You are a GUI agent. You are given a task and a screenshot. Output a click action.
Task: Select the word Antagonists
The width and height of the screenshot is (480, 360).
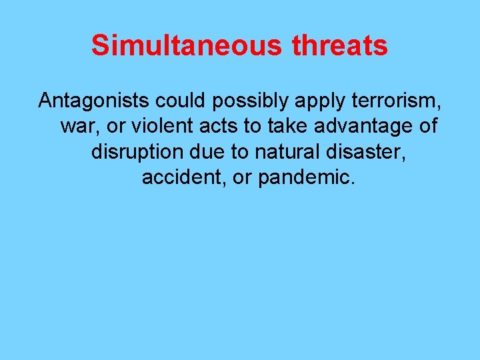pos(95,101)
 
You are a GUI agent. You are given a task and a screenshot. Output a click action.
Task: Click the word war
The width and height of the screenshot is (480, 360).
pos(75,126)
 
